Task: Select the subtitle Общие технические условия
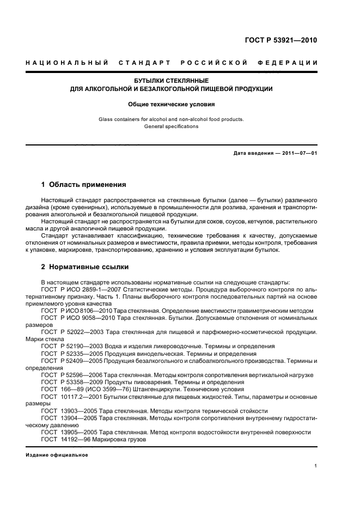tap(171, 104)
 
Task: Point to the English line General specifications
tap(171, 126)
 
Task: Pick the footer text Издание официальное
tap(57, 454)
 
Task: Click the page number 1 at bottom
tap(316, 466)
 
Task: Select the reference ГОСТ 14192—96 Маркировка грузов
tap(93, 439)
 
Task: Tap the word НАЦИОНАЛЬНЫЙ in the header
tap(67, 63)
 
